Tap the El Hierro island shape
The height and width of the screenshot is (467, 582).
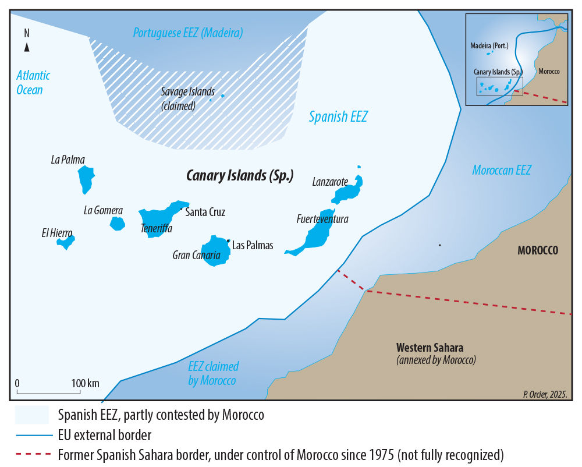(x=66, y=240)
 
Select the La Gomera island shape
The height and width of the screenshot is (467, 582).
(x=118, y=223)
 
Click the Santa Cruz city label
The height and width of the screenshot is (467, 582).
(x=205, y=212)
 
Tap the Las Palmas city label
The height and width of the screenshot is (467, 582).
(x=253, y=245)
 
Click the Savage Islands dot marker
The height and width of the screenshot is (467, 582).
(x=222, y=96)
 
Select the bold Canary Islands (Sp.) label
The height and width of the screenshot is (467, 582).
(x=240, y=175)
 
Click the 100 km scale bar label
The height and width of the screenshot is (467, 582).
(x=85, y=383)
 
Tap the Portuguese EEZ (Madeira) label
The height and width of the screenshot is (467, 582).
(x=188, y=33)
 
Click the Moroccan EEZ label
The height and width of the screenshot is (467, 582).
(x=502, y=171)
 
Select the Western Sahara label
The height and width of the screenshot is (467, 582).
(x=430, y=348)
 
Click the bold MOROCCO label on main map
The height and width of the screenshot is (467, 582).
(x=538, y=251)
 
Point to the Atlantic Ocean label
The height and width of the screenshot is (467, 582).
(x=33, y=82)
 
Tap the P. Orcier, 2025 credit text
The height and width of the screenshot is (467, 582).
(x=545, y=394)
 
